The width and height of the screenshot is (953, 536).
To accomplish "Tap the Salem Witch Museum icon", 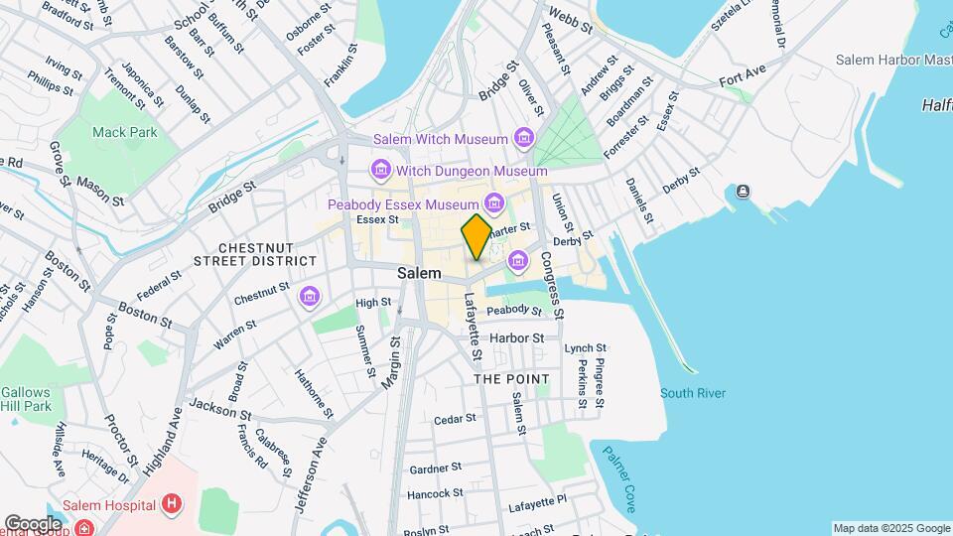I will click(524, 139).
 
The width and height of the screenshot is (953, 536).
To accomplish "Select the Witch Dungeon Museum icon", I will click(379, 171).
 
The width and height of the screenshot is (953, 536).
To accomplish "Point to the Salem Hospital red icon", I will click(173, 504).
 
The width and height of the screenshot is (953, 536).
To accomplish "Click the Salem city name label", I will click(419, 273).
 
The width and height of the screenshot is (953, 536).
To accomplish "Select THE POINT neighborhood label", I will click(511, 379).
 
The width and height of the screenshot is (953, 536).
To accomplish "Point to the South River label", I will click(693, 393).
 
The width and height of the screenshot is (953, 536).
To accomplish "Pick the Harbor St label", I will click(517, 337).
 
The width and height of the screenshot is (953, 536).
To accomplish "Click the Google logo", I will click(34, 523).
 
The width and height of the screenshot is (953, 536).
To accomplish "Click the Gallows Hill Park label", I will click(25, 399).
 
